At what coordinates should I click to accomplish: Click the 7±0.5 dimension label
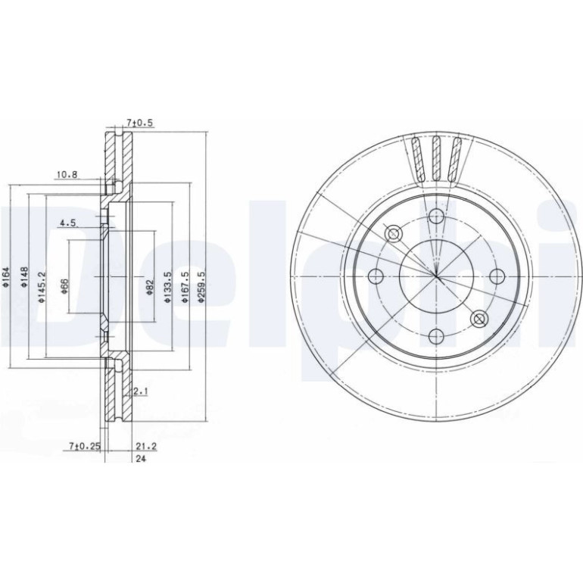point(140,123)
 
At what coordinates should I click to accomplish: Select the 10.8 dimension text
point(67,174)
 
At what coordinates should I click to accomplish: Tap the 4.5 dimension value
point(68,223)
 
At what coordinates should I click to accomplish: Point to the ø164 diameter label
point(6,277)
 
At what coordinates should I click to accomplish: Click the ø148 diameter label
point(24,277)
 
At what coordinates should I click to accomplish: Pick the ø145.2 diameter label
point(42,277)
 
